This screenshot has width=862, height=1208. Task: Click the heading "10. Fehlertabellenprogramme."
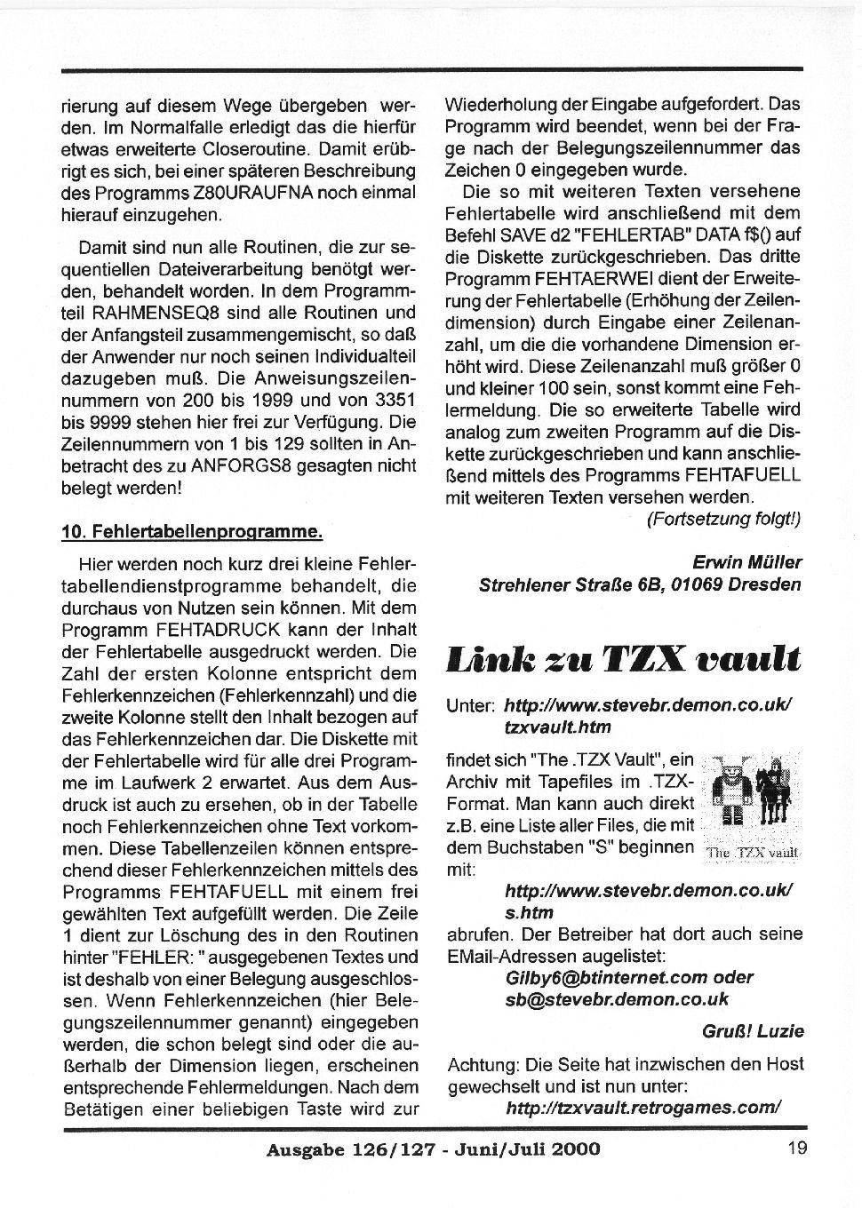191,532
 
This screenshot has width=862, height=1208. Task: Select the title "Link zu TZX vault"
623,660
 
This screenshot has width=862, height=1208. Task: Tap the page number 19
797,1148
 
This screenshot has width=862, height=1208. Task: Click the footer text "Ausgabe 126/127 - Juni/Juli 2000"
433,1148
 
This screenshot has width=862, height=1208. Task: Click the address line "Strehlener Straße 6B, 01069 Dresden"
640,584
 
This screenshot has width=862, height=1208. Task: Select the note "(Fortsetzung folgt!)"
722,520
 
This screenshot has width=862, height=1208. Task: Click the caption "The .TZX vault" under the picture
752,852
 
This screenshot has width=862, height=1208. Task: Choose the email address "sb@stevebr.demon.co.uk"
616,999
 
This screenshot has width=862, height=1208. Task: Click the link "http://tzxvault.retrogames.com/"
643,1107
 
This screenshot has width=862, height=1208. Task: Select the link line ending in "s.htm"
529,912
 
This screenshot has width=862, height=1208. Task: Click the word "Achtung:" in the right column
483,1064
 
